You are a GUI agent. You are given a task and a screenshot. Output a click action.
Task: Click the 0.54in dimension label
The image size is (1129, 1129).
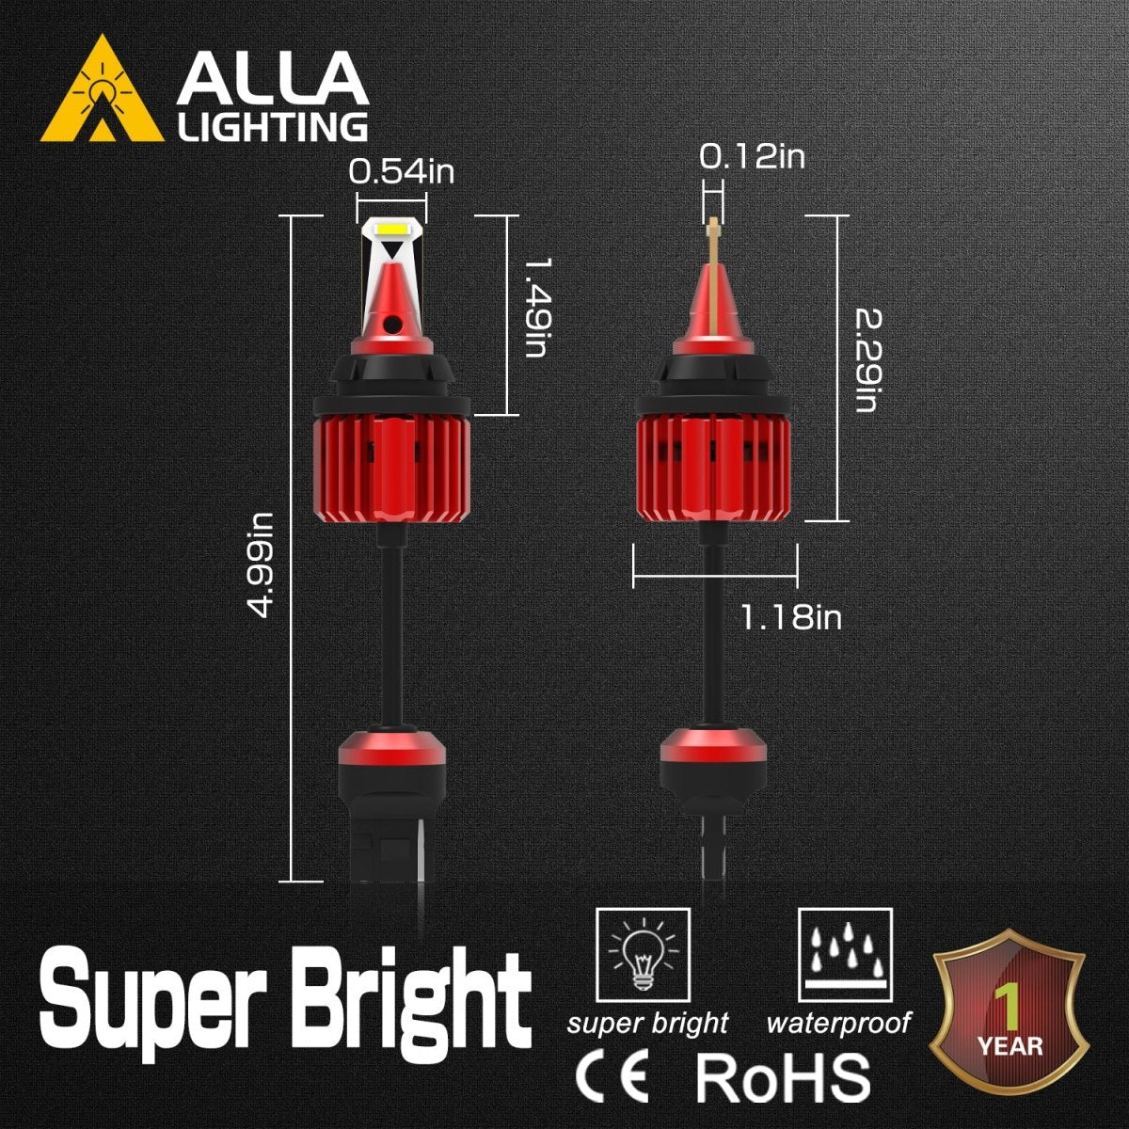click(402, 172)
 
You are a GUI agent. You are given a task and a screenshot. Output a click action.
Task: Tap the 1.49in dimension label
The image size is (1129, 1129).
click(535, 308)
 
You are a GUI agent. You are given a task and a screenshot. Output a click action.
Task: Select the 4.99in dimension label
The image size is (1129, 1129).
click(261, 564)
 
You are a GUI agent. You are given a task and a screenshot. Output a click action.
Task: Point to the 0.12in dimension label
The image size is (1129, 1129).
click(752, 156)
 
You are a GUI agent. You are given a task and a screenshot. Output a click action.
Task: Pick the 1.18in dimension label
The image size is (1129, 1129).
click(790, 617)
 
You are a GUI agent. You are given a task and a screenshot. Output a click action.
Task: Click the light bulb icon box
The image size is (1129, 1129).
click(643, 956)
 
